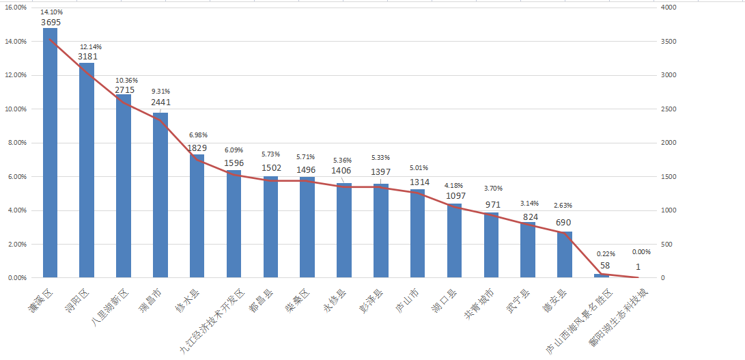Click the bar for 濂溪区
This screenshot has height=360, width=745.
click(x=50, y=153)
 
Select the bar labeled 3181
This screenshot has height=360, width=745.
click(x=87, y=170)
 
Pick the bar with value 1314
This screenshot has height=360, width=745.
click(x=417, y=234)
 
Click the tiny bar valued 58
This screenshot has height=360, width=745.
click(x=601, y=276)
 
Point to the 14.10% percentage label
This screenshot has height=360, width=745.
click(x=50, y=12)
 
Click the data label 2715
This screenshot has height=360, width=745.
click(x=124, y=89)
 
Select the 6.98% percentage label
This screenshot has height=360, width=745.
click(x=197, y=135)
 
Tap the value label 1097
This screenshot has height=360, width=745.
click(x=455, y=196)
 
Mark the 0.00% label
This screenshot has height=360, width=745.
click(x=641, y=251)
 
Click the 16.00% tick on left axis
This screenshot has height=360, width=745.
click(x=16, y=8)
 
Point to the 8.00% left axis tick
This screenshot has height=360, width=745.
click(x=16, y=143)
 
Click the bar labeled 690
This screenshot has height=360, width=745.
click(x=564, y=255)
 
